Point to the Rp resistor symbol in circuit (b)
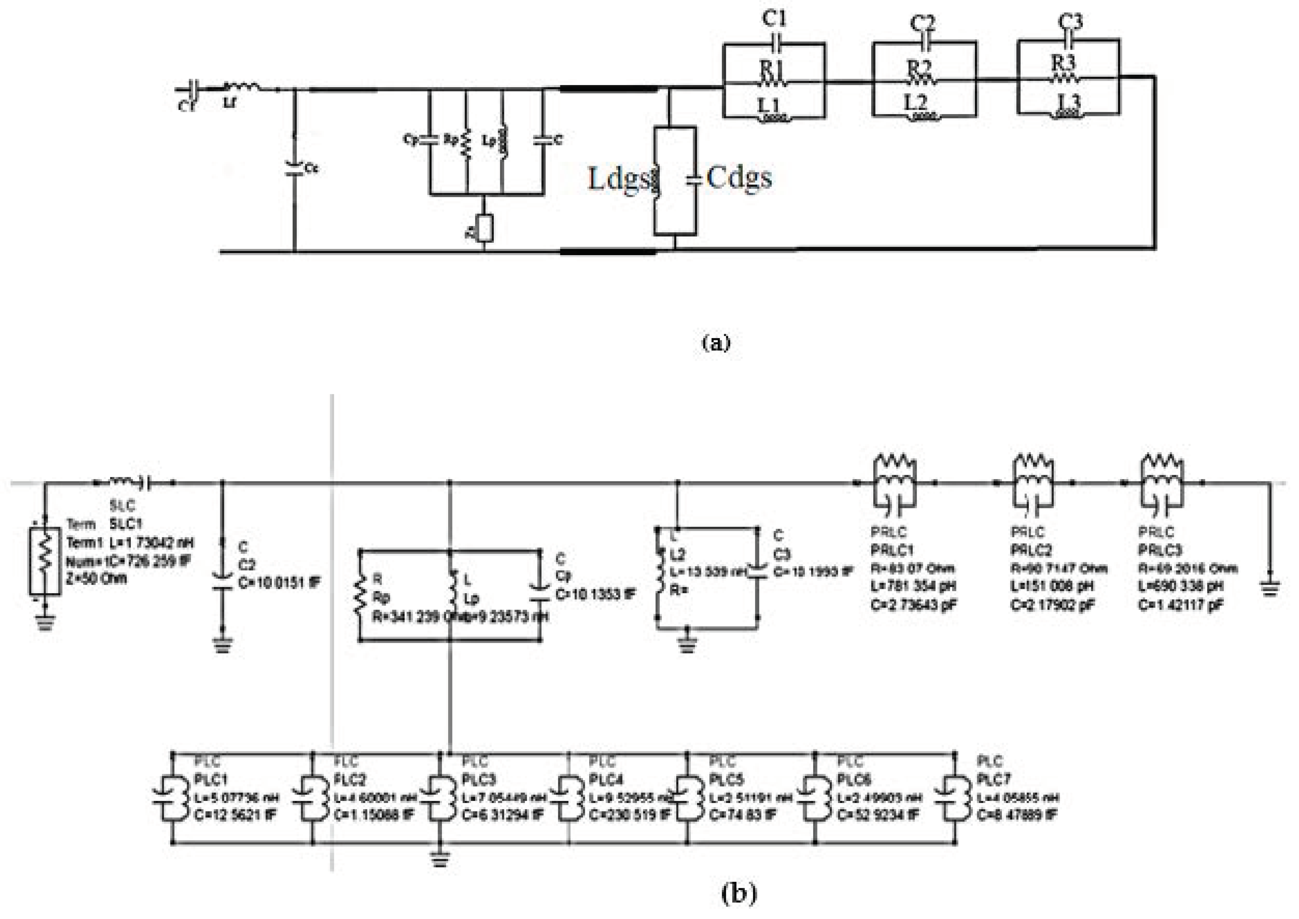[360, 596]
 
